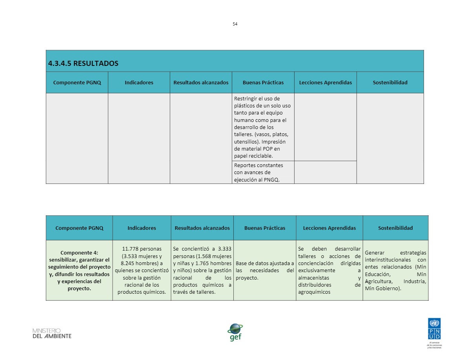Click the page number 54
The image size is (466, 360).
coord(235,24)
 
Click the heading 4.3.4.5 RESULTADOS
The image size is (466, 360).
coord(83,64)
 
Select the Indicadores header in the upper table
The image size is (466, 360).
coord(139,82)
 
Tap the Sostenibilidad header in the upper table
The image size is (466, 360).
coord(390,82)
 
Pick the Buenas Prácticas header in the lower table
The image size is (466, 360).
coord(265,228)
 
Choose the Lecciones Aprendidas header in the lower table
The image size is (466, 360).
coord(329,228)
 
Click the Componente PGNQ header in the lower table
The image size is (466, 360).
coord(79,228)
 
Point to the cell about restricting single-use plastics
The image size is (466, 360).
coord(262,127)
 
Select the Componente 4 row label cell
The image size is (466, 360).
coord(79,271)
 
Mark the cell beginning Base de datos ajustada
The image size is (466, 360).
coord(265,271)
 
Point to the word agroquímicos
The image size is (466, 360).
coord(314,292)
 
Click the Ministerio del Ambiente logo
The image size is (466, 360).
coord(52,333)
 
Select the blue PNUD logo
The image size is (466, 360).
coord(434,330)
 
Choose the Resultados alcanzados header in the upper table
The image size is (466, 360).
coord(201,82)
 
